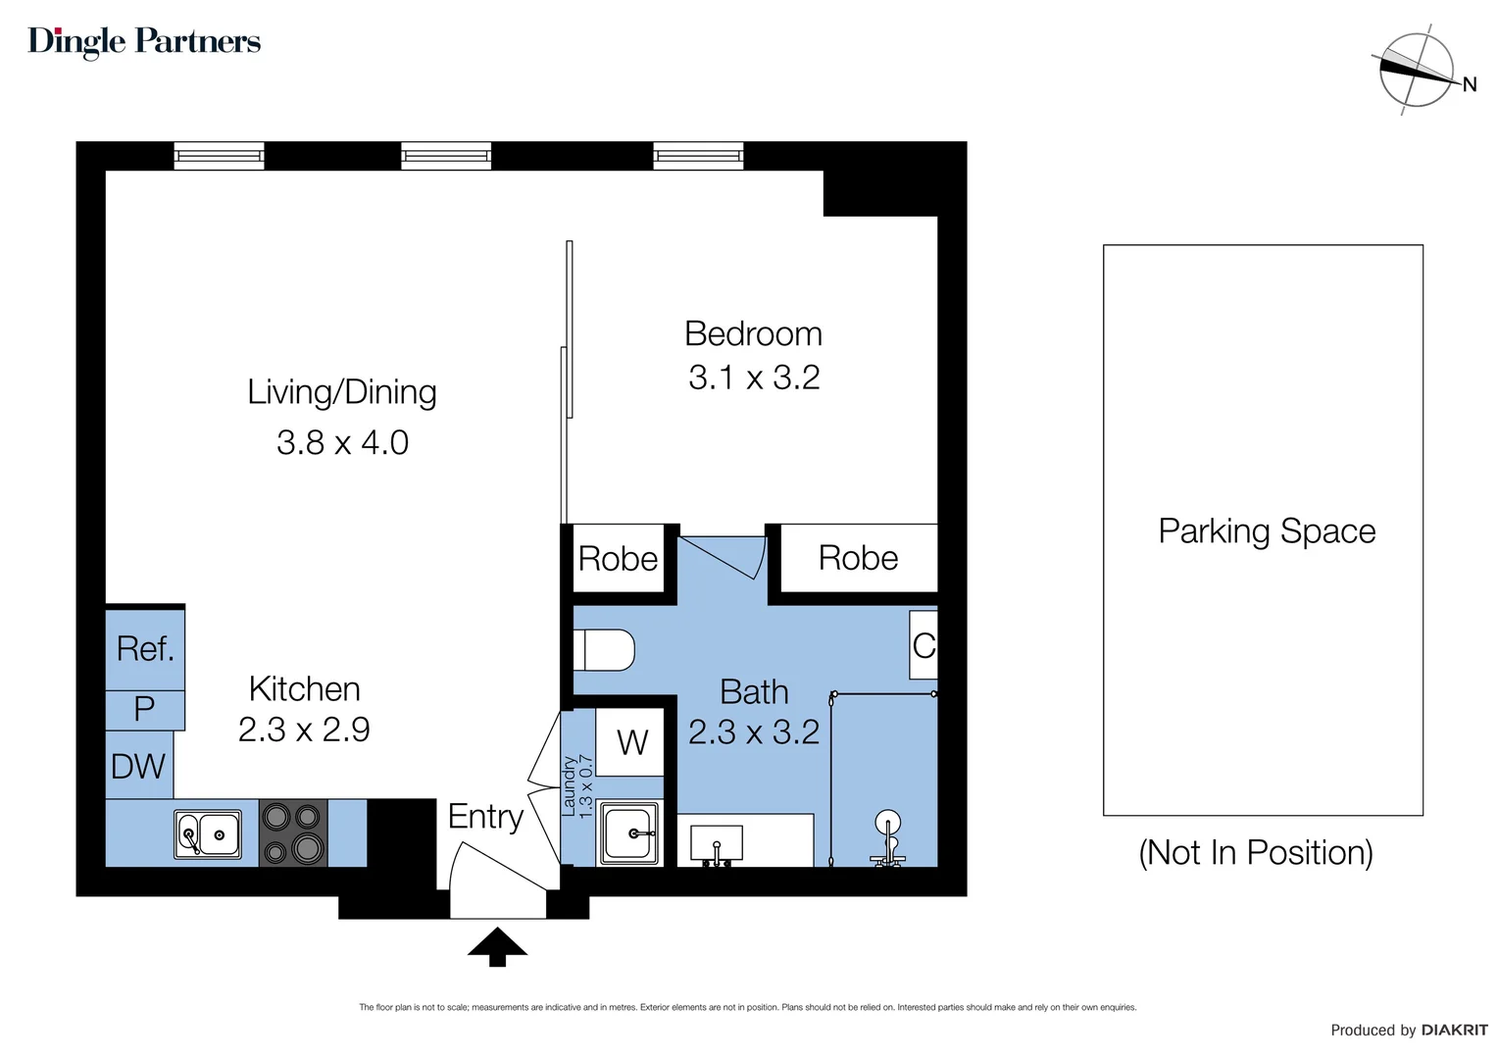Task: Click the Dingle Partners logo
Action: (144, 41)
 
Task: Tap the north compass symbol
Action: (1417, 70)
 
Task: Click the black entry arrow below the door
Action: (497, 947)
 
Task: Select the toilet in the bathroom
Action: (604, 649)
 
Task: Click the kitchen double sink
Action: (208, 834)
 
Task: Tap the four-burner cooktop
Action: (293, 833)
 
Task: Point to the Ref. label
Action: (145, 648)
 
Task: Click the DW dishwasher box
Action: (138, 766)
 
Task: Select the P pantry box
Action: (144, 708)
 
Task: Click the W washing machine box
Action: (632, 742)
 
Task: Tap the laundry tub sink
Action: (629, 833)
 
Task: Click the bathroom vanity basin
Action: (717, 842)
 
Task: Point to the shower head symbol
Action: (887, 824)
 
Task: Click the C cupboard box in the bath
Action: (924, 645)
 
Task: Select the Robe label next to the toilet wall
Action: (618, 559)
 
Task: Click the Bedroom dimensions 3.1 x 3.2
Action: (753, 378)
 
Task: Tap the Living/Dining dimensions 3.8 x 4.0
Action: (342, 442)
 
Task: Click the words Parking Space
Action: (1267, 530)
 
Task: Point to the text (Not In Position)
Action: (1255, 852)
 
